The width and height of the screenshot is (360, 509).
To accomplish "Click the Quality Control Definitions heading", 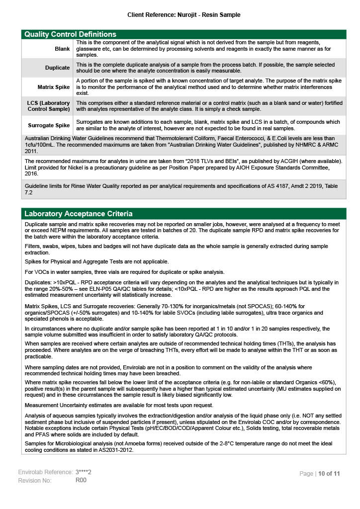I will pos(70,34).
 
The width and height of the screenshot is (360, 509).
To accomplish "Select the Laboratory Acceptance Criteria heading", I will pos(79,214).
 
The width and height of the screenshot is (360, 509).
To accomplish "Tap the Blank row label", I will pos(62,49).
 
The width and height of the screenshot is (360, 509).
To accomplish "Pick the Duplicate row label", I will pos(57,68).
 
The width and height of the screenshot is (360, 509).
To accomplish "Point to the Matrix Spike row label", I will pos(54,87).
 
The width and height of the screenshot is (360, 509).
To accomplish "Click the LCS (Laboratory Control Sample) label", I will pos(48,105).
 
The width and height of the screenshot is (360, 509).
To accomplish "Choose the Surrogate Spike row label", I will pos(48,125).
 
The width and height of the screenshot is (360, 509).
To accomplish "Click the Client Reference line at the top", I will pos(183,15).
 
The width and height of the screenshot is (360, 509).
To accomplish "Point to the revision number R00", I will pos(81,480).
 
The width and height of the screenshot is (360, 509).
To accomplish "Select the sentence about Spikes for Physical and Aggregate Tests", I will pos(96,261).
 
